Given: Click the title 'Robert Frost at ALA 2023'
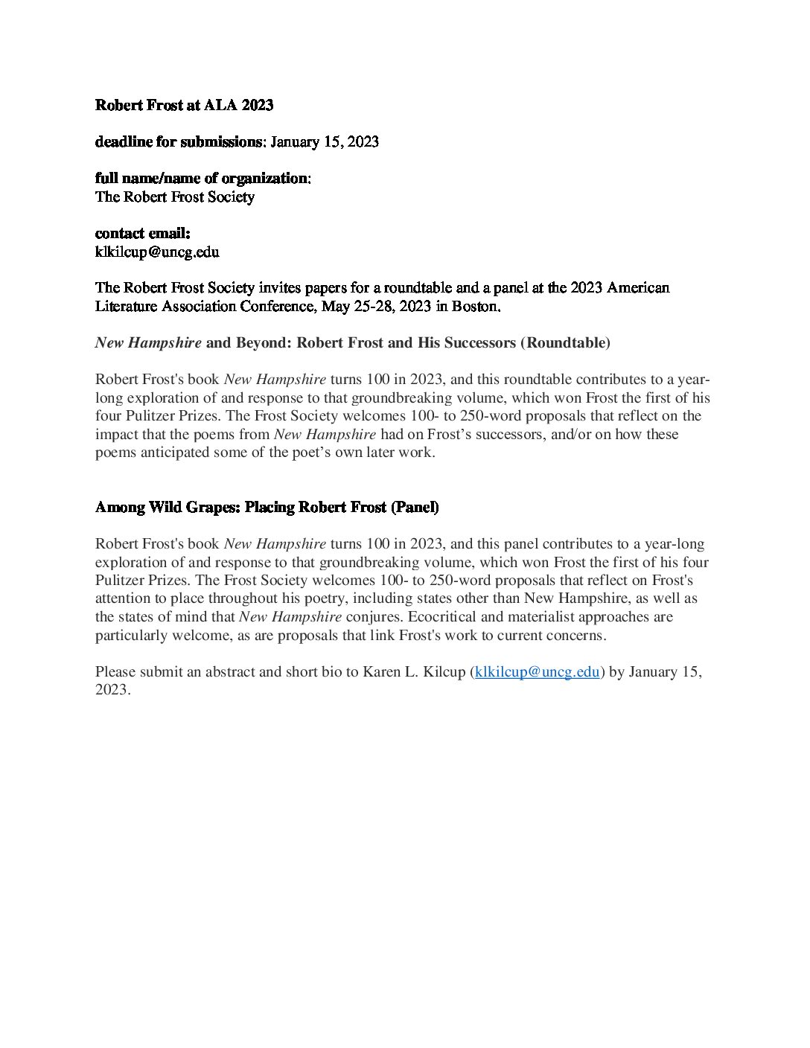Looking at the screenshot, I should pyautogui.click(x=184, y=105).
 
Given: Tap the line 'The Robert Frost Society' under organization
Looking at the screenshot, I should pyautogui.click(x=174, y=197).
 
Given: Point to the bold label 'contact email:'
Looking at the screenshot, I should pyautogui.click(x=142, y=234).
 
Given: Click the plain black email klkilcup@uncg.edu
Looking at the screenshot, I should pyautogui.click(x=157, y=252).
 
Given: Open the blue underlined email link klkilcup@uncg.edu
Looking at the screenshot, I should pyautogui.click(x=537, y=672).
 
